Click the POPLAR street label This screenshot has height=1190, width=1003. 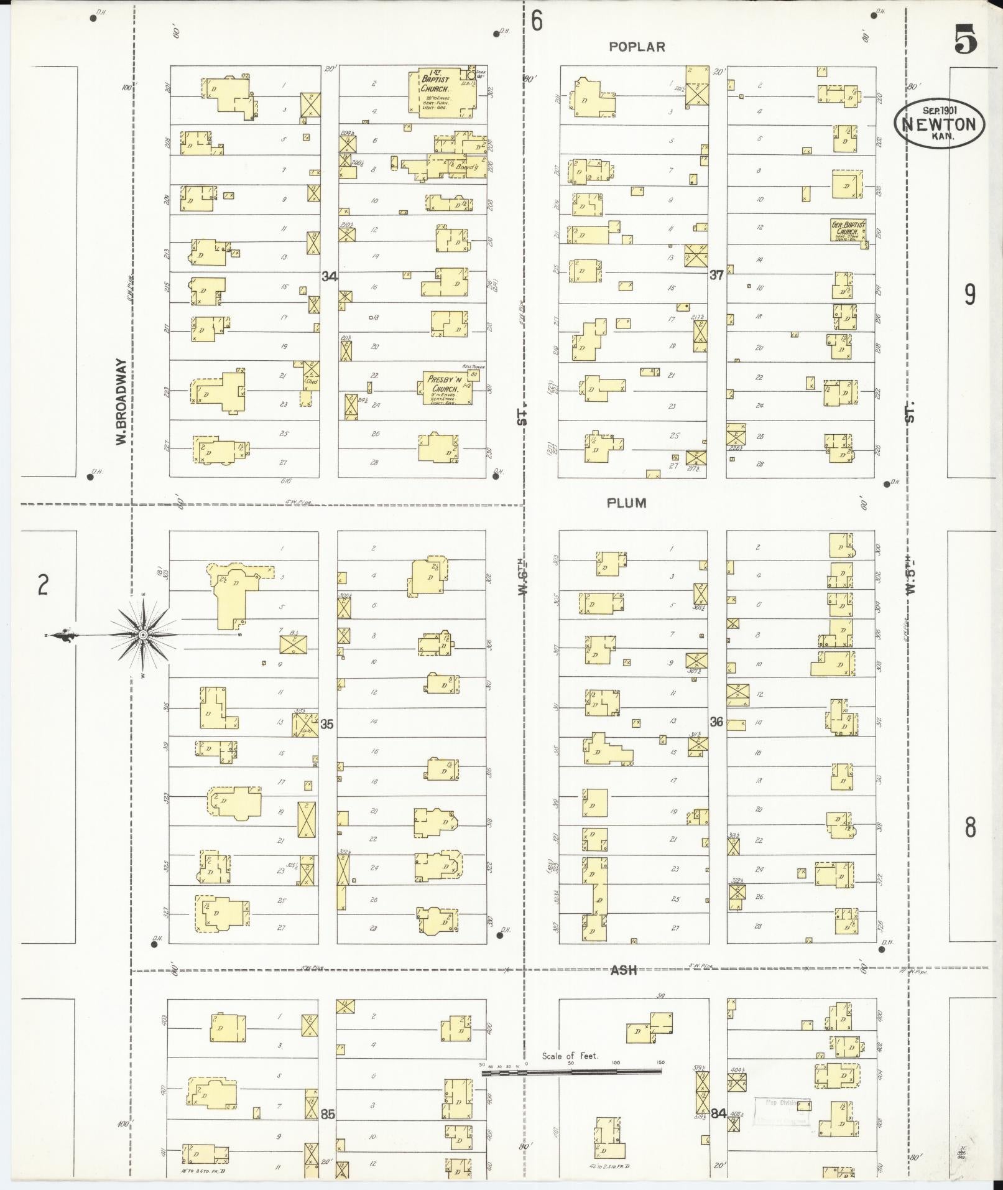coord(637,47)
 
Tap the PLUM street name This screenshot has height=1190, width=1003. coord(626,503)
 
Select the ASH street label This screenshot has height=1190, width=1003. coord(623,970)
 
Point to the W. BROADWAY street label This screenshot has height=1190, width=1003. coord(121,401)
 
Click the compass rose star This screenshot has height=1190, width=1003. coord(143,635)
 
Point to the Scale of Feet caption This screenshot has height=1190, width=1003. coord(569,1056)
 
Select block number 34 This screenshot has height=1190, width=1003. coord(329,276)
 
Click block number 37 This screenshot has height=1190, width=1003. coord(716,275)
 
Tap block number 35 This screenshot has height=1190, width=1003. coord(327,724)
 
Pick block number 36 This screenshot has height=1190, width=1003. coord(716,722)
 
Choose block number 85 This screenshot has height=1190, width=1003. coord(328,1114)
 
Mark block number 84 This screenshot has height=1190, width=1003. coord(718,1113)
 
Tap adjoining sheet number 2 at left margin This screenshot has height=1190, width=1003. coord(42,585)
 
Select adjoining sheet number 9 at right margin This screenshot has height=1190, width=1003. coord(969,294)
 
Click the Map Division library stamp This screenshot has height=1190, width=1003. coord(782,1111)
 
